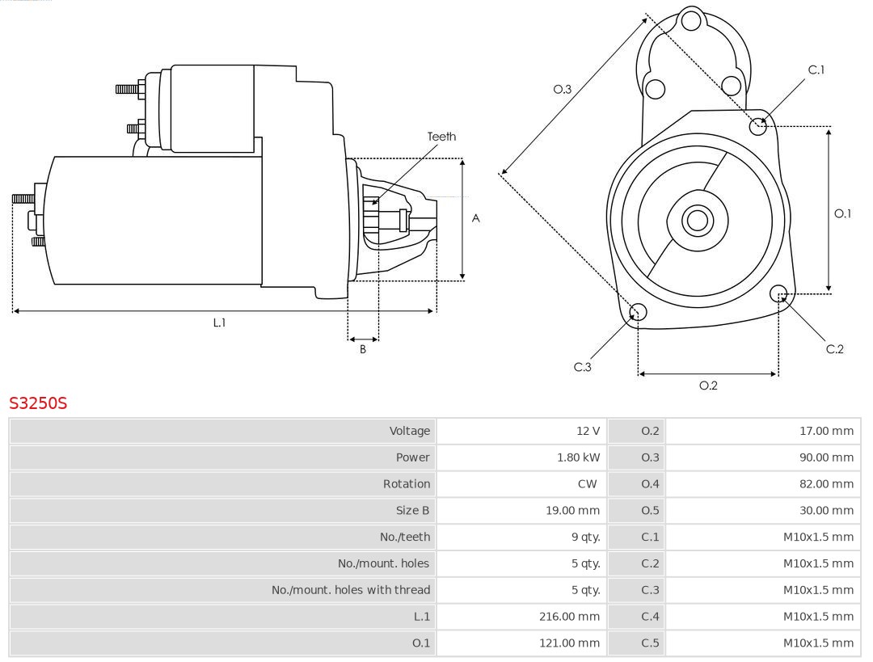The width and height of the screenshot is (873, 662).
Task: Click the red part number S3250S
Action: tap(38, 403)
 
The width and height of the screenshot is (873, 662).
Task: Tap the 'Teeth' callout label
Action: tap(441, 137)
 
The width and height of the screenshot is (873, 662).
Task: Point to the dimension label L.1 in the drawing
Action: tap(219, 323)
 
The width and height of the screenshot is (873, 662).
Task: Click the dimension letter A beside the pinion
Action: tap(476, 218)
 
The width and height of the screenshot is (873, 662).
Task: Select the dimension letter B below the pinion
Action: tap(363, 349)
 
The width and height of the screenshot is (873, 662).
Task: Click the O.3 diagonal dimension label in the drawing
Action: tap(563, 89)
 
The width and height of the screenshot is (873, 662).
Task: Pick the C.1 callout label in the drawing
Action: tap(816, 70)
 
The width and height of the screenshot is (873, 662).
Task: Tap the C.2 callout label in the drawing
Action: tap(834, 348)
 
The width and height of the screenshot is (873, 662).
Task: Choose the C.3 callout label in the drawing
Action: tap(583, 367)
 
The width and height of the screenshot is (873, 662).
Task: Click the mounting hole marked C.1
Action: tap(758, 126)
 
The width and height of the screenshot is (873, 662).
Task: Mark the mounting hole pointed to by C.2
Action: tap(779, 293)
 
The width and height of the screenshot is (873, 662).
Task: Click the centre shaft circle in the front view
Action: tap(696, 220)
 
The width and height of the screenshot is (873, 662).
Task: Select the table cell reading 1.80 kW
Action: tap(579, 457)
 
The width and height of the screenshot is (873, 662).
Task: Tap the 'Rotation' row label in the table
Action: tap(407, 484)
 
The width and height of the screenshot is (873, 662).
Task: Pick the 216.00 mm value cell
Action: tap(570, 617)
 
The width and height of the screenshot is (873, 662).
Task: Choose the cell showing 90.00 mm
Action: tap(826, 457)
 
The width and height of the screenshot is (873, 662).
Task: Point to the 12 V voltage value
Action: tap(588, 431)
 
